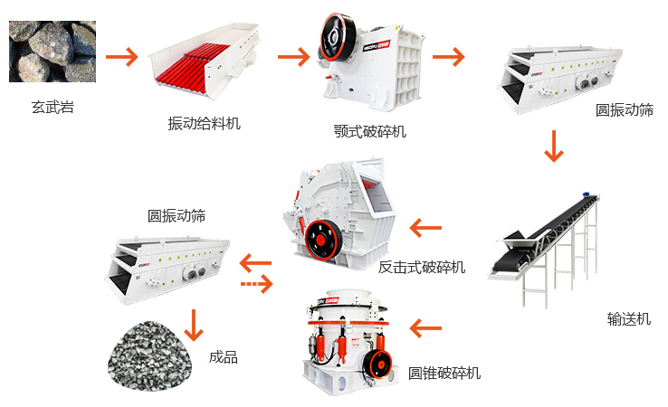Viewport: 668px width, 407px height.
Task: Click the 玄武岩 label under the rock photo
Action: (x=52, y=107)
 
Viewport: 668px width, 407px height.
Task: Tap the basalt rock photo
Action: (x=52, y=52)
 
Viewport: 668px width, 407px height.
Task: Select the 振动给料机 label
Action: (x=204, y=124)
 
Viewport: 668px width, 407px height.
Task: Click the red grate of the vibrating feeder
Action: (x=187, y=68)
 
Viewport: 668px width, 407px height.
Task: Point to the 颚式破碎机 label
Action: (x=370, y=131)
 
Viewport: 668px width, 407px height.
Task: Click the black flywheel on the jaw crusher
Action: (x=338, y=36)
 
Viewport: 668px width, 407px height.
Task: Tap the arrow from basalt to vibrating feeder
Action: (x=122, y=57)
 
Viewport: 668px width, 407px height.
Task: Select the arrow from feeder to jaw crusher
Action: (x=294, y=57)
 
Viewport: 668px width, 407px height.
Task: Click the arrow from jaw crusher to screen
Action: (x=449, y=57)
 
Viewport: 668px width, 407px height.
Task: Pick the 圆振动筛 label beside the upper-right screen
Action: (x=625, y=109)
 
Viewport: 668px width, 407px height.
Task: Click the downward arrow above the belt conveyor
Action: (x=554, y=146)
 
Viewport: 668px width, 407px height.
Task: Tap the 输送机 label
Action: (x=629, y=318)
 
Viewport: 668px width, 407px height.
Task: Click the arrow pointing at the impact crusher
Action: (x=425, y=228)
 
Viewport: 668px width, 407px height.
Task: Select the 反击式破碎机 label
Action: (x=421, y=267)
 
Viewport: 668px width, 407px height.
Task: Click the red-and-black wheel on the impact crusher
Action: (x=323, y=240)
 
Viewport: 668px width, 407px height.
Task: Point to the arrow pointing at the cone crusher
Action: (x=425, y=328)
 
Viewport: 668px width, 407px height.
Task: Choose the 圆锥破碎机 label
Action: (x=444, y=373)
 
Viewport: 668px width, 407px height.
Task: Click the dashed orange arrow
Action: (x=257, y=284)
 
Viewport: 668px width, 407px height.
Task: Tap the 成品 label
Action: (x=224, y=356)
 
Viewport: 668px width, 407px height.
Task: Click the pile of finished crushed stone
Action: (x=149, y=355)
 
